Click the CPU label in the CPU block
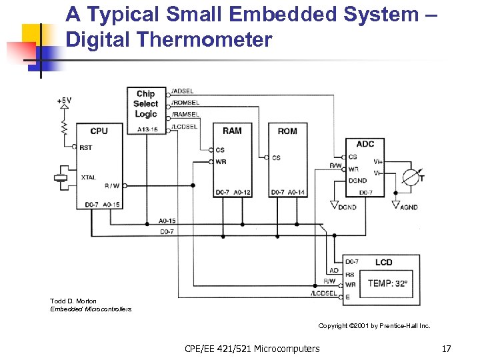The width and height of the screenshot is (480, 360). click(99, 131)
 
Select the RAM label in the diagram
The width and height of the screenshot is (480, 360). click(232, 131)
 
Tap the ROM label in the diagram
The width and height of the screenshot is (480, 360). click(287, 131)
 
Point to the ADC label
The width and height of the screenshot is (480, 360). click(365, 144)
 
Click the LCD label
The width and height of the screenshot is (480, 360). click(383, 262)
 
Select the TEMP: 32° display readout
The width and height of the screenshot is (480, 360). click(387, 283)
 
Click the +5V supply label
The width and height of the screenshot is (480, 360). click(64, 101)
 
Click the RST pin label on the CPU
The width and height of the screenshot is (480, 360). click(85, 148)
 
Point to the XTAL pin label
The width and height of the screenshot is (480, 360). click(88, 177)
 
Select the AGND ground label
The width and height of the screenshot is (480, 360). click(408, 207)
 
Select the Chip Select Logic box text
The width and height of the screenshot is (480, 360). click(145, 104)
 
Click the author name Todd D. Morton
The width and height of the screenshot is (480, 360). click(73, 301)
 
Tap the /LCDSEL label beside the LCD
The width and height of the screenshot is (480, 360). click(324, 294)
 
